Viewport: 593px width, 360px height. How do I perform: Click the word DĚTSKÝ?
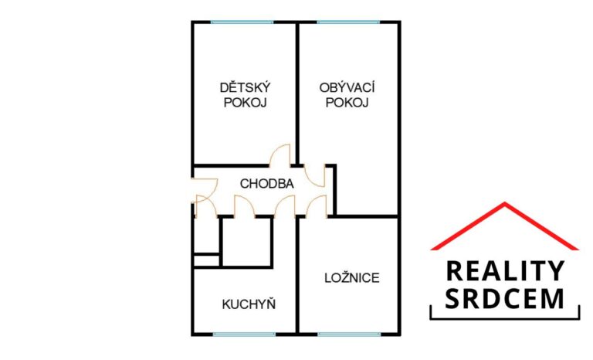[x=245, y=87]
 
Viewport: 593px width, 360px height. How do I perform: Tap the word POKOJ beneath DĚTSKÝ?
[x=245, y=102]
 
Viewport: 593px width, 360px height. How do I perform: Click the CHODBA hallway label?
[x=267, y=184]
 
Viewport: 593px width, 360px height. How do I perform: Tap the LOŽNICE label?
[x=351, y=277]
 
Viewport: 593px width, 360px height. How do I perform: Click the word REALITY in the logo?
[x=506, y=271]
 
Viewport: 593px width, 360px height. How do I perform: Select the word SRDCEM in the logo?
[x=506, y=297]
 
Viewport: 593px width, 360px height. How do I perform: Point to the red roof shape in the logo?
[x=505, y=224]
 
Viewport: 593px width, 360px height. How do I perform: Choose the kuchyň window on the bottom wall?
[x=244, y=335]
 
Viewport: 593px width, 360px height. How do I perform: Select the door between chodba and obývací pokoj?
[x=316, y=175]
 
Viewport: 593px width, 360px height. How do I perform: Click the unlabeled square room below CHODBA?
[x=247, y=241]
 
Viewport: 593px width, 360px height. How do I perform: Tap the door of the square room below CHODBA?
[x=245, y=206]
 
